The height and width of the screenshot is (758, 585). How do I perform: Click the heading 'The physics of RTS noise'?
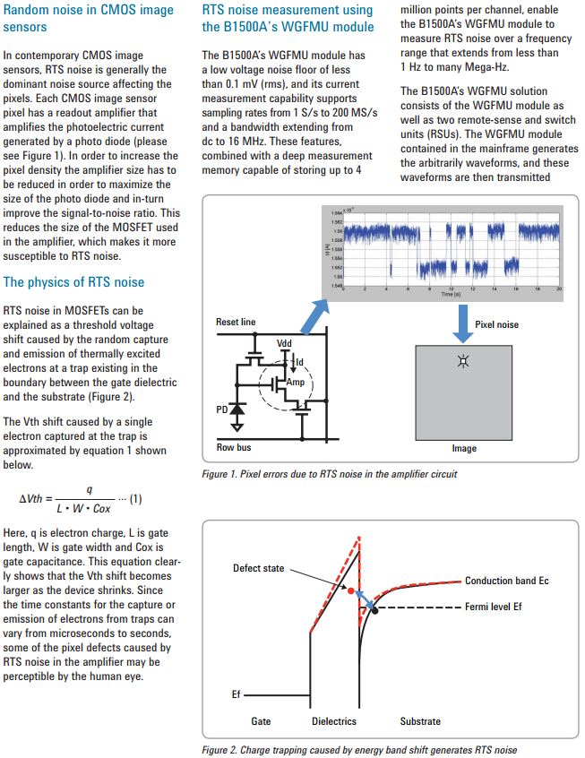point(73,282)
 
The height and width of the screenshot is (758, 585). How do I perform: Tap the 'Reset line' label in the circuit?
point(236,322)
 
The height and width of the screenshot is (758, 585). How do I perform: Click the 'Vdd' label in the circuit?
point(285,344)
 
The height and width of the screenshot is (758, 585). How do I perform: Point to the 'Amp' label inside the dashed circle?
point(295,382)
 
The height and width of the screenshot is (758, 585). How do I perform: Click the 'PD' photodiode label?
point(221,409)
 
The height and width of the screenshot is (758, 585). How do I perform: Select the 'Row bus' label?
point(232,447)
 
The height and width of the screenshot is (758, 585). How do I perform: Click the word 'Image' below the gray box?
point(463,449)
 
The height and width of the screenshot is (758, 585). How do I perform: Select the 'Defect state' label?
point(259,568)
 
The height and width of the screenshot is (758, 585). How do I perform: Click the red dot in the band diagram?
point(352,590)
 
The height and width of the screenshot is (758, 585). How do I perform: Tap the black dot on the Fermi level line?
point(375,609)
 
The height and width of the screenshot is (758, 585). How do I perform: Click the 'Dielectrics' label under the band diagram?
point(333,720)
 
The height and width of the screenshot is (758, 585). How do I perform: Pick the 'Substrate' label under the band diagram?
point(420,720)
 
